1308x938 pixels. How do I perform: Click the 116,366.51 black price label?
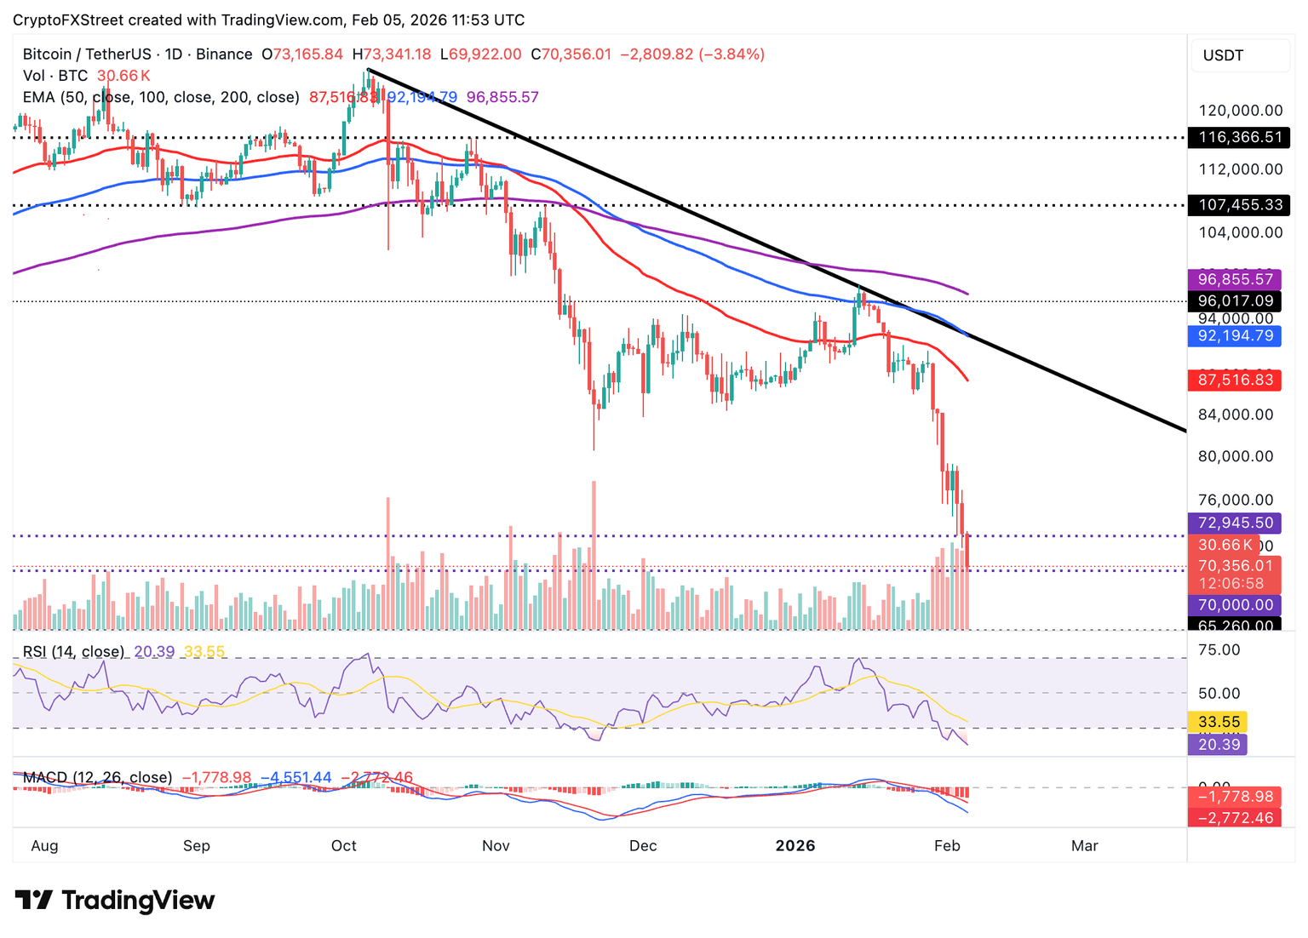pos(1239,137)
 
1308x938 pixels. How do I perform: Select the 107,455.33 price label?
pos(1239,205)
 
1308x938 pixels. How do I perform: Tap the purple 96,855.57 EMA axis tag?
pos(1235,279)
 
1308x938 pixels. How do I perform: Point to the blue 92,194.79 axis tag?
pos(1235,335)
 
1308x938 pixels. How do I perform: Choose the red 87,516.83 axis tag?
pos(1235,380)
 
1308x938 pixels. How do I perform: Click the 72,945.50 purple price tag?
pos(1235,523)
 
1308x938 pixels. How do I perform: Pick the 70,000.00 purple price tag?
pos(1235,605)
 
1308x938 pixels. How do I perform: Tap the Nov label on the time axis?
pos(496,845)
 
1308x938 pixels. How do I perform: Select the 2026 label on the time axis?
pos(795,845)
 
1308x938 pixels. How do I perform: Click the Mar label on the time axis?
pos(1084,845)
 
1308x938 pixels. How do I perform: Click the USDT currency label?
pos(1223,55)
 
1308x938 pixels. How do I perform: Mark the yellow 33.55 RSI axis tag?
pos(1219,722)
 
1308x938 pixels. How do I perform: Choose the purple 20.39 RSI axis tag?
pos(1219,745)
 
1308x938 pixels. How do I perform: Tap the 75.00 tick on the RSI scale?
pos(1219,649)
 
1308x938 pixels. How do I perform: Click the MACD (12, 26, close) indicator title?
pos(97,777)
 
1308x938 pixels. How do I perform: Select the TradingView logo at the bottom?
pos(115,900)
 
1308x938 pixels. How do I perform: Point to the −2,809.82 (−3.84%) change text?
pos(691,54)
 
